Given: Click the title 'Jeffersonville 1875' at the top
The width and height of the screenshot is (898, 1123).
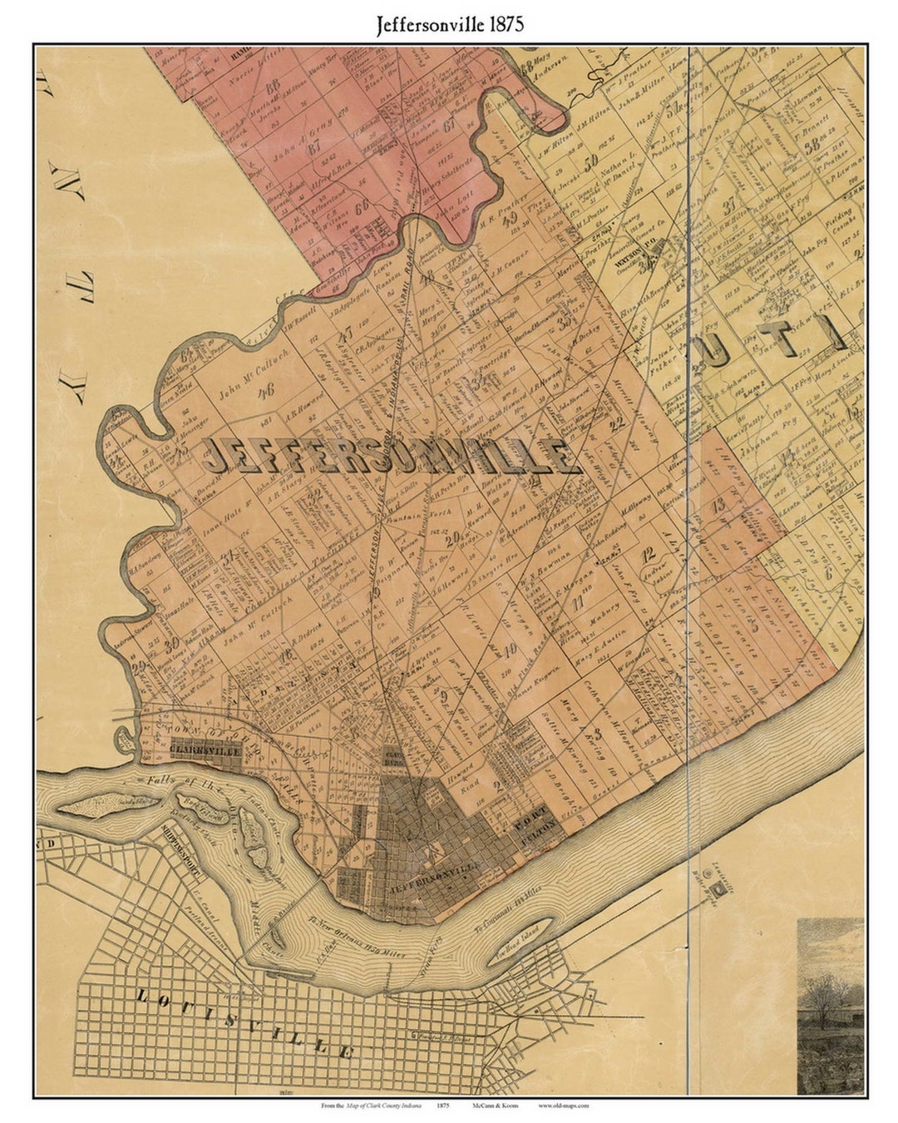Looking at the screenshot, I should (x=449, y=24).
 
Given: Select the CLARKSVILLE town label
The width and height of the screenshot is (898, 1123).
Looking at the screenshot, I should (x=205, y=749).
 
